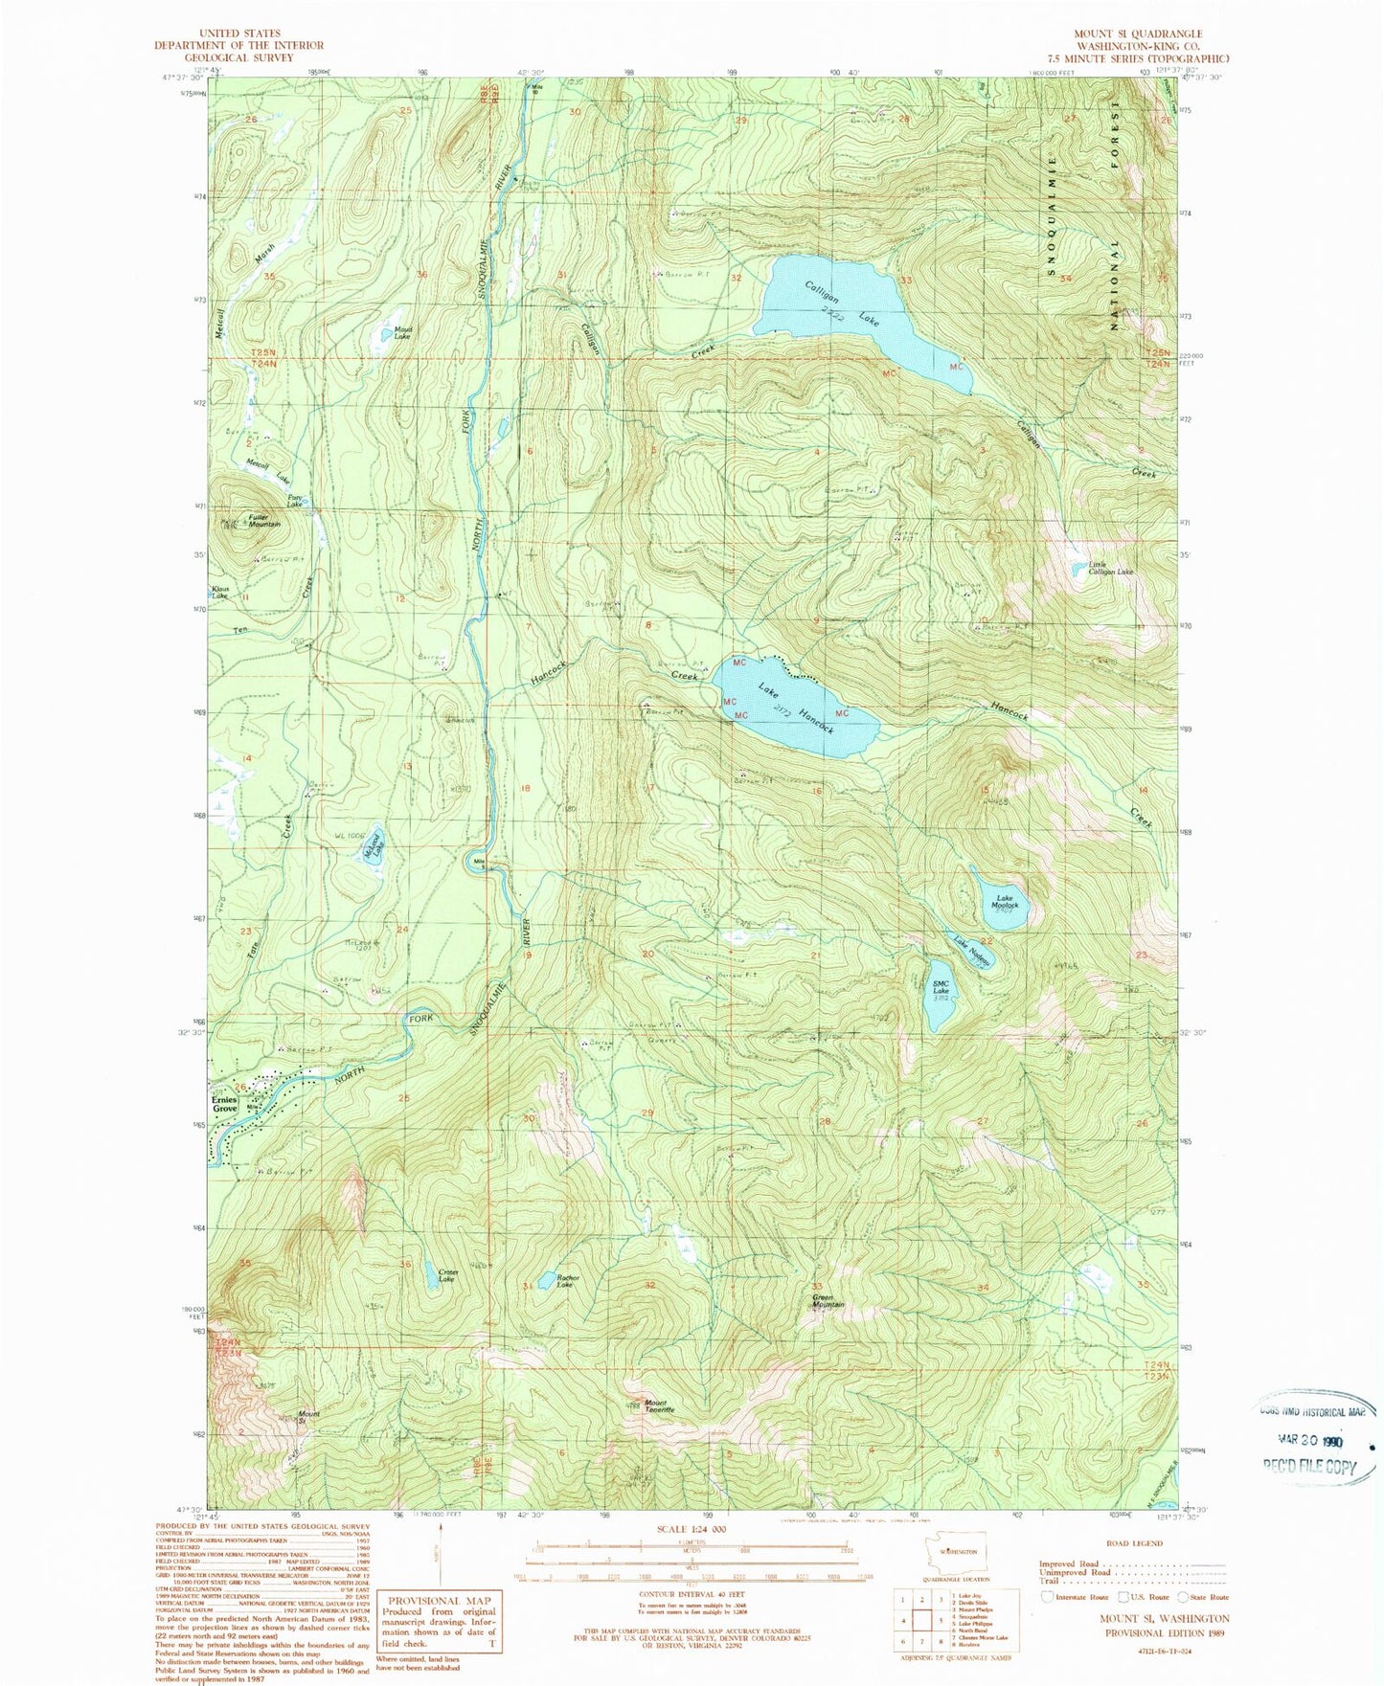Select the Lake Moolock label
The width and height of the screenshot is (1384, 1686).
[1004, 902]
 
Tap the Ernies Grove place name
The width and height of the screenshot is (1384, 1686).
[225, 1104]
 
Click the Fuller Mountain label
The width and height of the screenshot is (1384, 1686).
[264, 521]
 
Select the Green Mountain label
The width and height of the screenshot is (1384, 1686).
[828, 1301]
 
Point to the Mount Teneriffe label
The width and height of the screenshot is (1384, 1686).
[659, 1407]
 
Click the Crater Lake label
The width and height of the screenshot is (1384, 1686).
[447, 1276]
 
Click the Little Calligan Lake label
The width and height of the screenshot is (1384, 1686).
[1109, 569]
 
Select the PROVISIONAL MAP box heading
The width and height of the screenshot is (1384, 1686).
[439, 1600]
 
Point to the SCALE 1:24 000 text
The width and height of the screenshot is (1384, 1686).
[692, 1529]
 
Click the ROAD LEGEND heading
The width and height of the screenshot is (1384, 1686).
[1134, 1543]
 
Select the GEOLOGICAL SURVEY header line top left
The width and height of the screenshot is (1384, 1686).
[239, 57]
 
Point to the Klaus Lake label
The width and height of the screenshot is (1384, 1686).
[219, 593]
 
